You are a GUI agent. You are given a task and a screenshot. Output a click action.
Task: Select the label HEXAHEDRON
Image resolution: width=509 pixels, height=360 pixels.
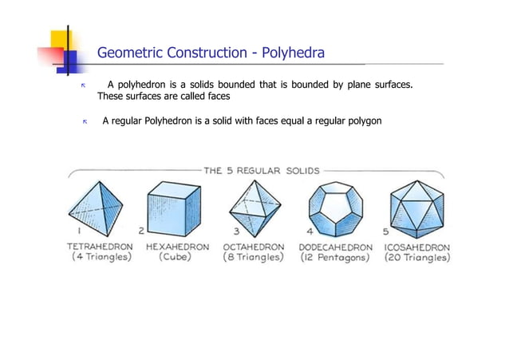[178, 247]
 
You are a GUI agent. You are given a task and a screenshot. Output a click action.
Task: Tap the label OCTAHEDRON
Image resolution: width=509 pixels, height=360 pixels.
[254, 247]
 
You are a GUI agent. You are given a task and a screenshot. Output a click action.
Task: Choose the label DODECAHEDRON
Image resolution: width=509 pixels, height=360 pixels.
[336, 247]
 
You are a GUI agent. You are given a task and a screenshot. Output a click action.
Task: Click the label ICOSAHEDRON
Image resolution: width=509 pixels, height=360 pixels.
[417, 247]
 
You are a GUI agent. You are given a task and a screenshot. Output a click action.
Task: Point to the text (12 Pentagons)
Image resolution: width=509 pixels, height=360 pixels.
[336, 258]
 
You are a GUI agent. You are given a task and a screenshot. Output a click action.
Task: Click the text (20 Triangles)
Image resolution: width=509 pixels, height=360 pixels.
[417, 258]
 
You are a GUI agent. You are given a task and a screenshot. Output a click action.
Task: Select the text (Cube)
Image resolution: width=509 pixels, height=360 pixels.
[178, 258]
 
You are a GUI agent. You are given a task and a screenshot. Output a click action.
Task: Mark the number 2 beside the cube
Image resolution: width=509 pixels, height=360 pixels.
[142, 230]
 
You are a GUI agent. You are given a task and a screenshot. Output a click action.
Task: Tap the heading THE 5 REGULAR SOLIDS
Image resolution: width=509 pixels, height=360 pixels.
[262, 170]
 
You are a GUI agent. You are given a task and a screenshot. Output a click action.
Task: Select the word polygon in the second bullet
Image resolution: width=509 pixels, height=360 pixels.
[364, 121]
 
